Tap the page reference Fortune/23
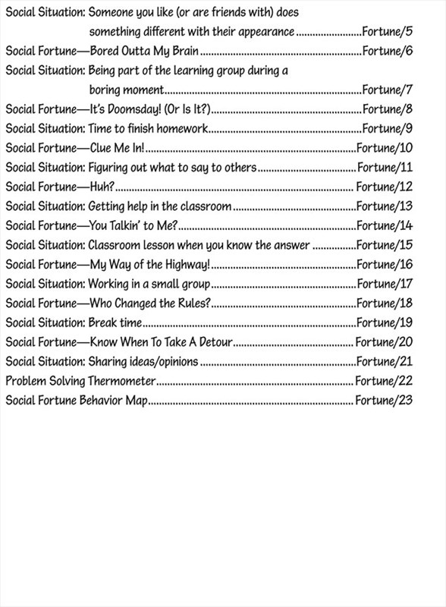click(x=384, y=398)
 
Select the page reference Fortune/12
click(x=384, y=187)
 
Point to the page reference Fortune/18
click(x=384, y=303)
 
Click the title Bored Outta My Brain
click(x=144, y=52)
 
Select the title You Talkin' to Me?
click(x=133, y=225)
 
